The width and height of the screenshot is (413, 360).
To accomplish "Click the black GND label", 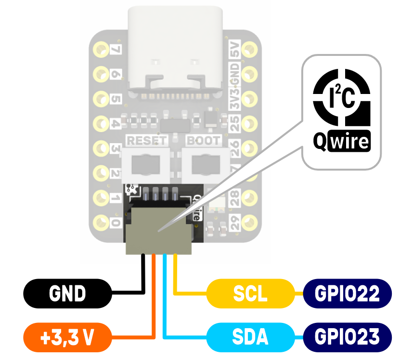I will click(68, 293).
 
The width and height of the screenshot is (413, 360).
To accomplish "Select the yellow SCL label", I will click(250, 293).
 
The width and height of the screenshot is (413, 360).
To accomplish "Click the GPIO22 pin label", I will click(347, 293).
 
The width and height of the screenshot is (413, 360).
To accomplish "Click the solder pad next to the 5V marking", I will click(249, 49).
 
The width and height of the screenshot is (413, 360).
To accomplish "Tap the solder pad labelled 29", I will click(249, 223).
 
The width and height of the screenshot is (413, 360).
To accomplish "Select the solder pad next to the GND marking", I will click(249, 74).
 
